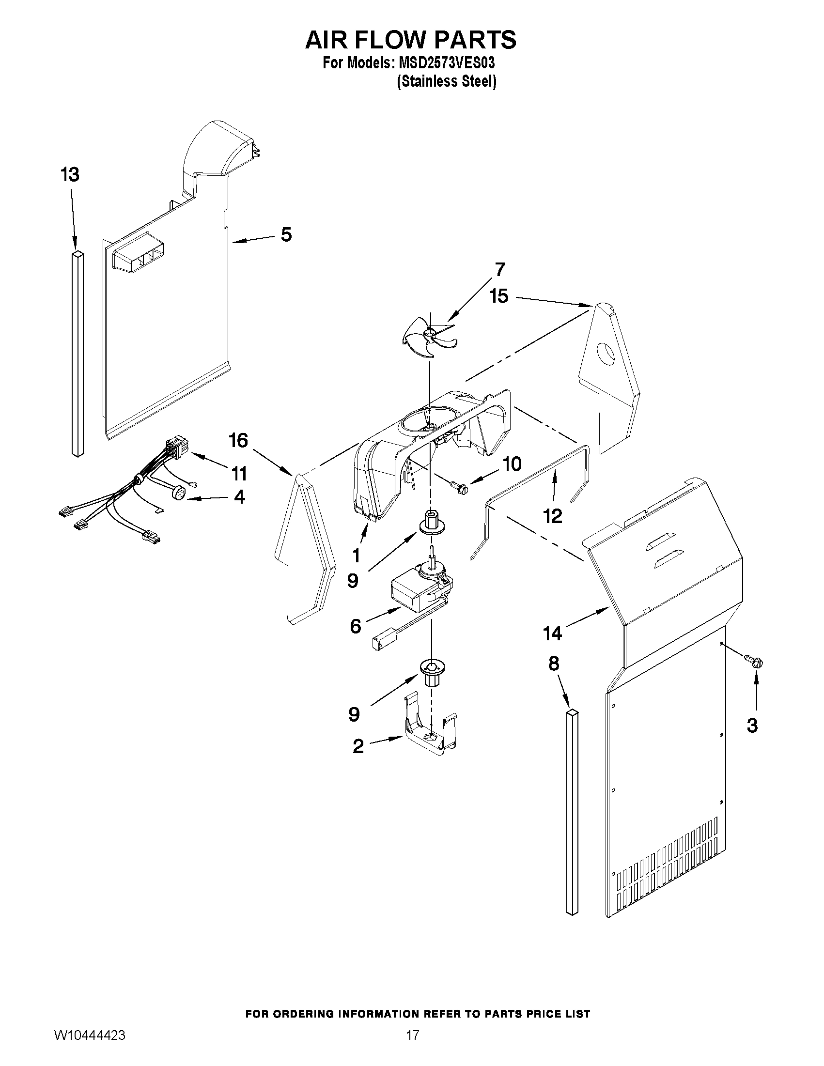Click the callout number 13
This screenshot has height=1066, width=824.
pos(70,174)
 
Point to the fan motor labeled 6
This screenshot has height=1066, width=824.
pos(415,594)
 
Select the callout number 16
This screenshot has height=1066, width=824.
pos(239,440)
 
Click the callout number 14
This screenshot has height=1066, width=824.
pos(553,633)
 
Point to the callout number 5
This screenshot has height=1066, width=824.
pos(286,235)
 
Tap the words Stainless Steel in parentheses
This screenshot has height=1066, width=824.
pos(447,81)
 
